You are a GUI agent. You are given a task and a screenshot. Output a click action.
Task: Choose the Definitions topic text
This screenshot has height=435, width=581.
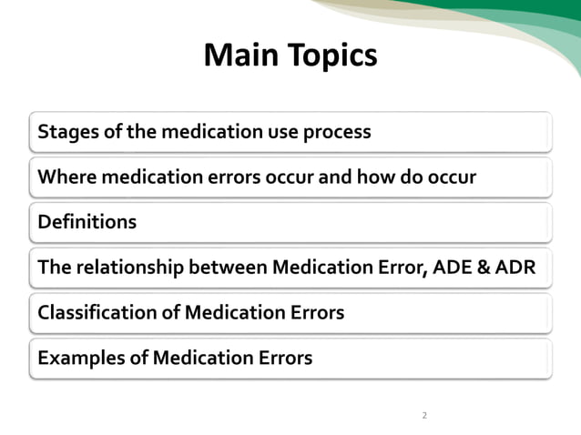pos(87,221)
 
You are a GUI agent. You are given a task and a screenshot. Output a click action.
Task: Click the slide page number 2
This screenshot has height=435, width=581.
pos(423,416)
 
